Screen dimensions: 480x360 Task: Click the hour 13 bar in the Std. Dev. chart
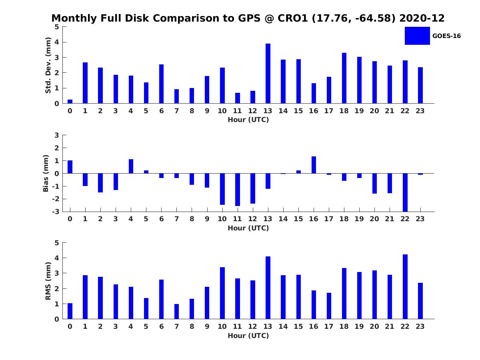pos(268,74)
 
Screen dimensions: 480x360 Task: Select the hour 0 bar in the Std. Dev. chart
pos(70,102)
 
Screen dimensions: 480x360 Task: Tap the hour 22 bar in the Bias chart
pos(405,192)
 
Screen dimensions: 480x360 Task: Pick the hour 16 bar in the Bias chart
pos(314,165)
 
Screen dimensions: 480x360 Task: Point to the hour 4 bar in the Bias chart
pos(131,166)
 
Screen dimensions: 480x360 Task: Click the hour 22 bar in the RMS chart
pos(405,286)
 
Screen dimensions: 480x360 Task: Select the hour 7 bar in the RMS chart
pos(176,312)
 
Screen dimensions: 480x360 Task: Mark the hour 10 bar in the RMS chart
pos(222,293)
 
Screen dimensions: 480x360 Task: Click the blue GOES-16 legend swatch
pos(417,36)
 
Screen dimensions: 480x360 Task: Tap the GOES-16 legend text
pos(446,36)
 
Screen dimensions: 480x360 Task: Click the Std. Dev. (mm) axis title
pos(48,65)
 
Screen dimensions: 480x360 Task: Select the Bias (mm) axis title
pos(46,173)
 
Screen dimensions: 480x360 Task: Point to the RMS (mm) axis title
pos(48,281)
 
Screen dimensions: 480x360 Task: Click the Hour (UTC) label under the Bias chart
pos(248,228)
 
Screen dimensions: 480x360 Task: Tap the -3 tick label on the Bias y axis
pos(56,212)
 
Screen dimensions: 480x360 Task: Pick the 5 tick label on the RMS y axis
pos(57,243)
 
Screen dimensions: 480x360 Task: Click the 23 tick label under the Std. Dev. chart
pos(420,111)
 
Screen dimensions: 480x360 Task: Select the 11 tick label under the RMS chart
pos(237,326)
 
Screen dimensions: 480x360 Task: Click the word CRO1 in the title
pos(293,18)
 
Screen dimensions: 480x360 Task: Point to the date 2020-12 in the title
pos(422,18)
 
